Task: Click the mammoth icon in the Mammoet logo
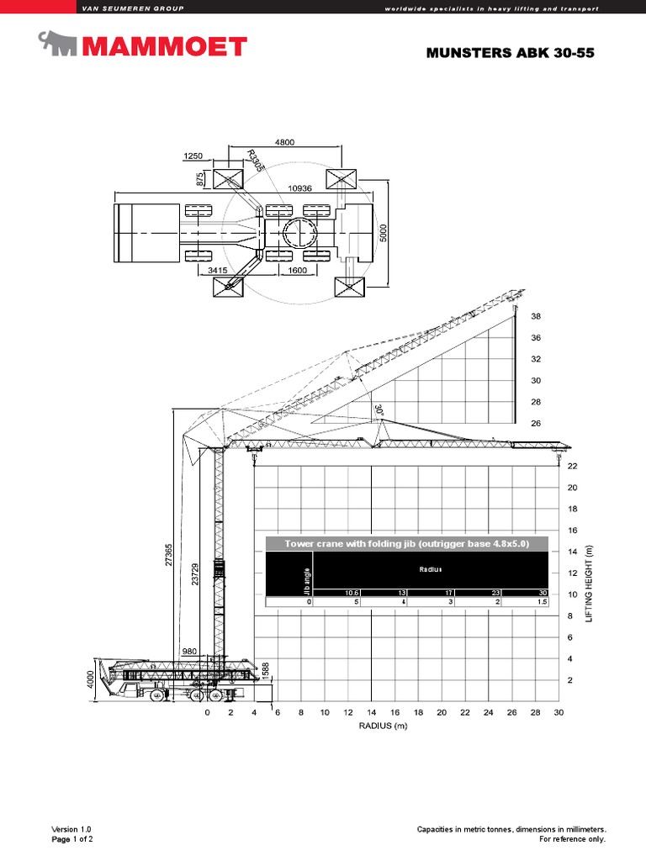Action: pyautogui.click(x=59, y=44)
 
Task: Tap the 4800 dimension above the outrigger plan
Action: pyautogui.click(x=283, y=143)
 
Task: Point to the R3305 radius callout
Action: pyautogui.click(x=256, y=161)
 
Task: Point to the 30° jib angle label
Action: pyautogui.click(x=379, y=409)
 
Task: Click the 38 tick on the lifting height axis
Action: pyautogui.click(x=536, y=317)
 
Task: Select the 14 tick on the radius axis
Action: pyautogui.click(x=370, y=713)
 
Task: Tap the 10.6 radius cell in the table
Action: pyautogui.click(x=351, y=592)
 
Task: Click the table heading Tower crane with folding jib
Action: pyautogui.click(x=406, y=544)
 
